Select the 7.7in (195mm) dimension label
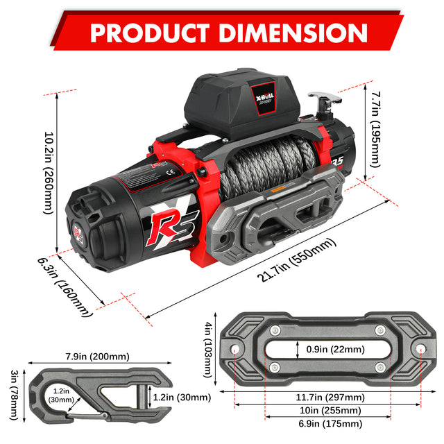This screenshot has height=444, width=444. click(x=375, y=128)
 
